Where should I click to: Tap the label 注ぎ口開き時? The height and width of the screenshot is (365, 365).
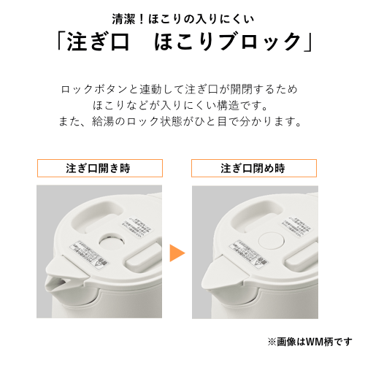tap(99, 168)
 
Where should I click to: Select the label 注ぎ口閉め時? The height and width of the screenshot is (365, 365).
tap(253, 168)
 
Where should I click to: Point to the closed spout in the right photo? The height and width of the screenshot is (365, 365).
tap(212, 279)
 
